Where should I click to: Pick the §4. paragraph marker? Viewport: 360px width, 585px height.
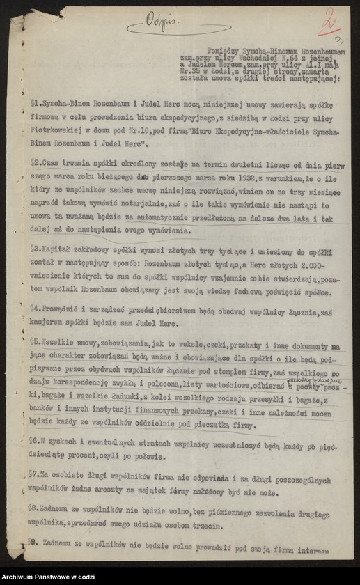pyautogui.click(x=34, y=307)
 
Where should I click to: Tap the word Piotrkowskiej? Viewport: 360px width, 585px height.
pyautogui.click(x=55, y=130)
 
